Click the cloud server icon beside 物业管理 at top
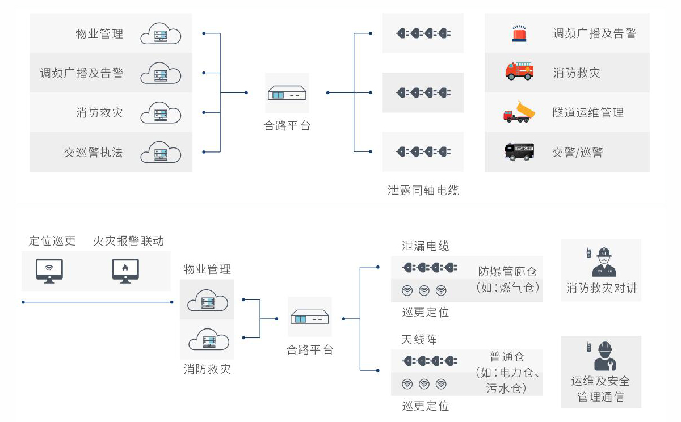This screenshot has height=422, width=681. (160, 34)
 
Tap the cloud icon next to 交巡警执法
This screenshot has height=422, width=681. (160, 153)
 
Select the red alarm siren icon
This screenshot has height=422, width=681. (519, 33)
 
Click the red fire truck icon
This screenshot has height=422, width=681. (519, 71)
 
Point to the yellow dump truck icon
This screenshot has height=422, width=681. (519, 112)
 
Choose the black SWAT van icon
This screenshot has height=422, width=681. (519, 151)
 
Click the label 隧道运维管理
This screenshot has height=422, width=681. (588, 113)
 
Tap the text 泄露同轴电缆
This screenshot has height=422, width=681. (423, 191)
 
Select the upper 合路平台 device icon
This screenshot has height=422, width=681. (287, 92)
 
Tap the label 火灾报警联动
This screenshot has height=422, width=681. (129, 241)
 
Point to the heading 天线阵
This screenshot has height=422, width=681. (419, 340)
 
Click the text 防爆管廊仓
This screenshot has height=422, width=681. (507, 272)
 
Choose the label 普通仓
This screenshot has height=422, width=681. (507, 357)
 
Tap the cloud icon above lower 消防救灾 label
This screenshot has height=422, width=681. (208, 340)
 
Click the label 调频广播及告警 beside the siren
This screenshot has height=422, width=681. (594, 33)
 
